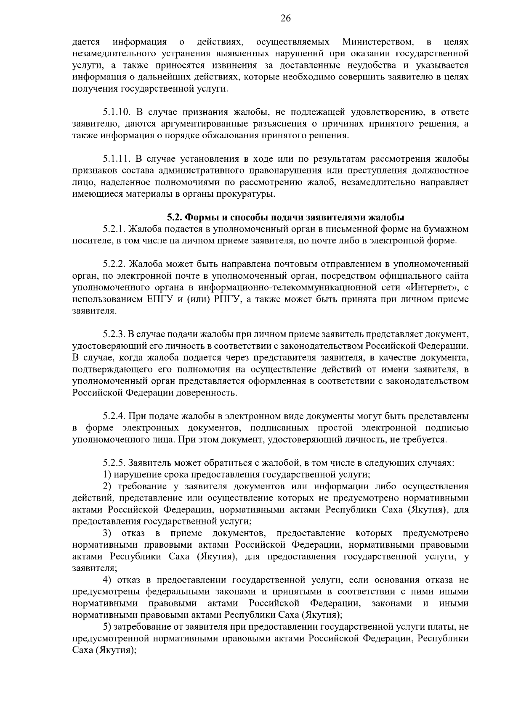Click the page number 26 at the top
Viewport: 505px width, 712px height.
[286, 18]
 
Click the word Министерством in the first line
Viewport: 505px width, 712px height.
[377, 42]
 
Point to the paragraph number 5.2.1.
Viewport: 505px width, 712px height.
[114, 229]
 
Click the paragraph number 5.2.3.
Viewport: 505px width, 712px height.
[114, 335]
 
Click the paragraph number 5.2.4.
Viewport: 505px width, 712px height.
[114, 416]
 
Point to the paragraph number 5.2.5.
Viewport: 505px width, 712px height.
[114, 463]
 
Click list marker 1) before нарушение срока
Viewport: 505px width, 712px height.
[107, 475]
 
